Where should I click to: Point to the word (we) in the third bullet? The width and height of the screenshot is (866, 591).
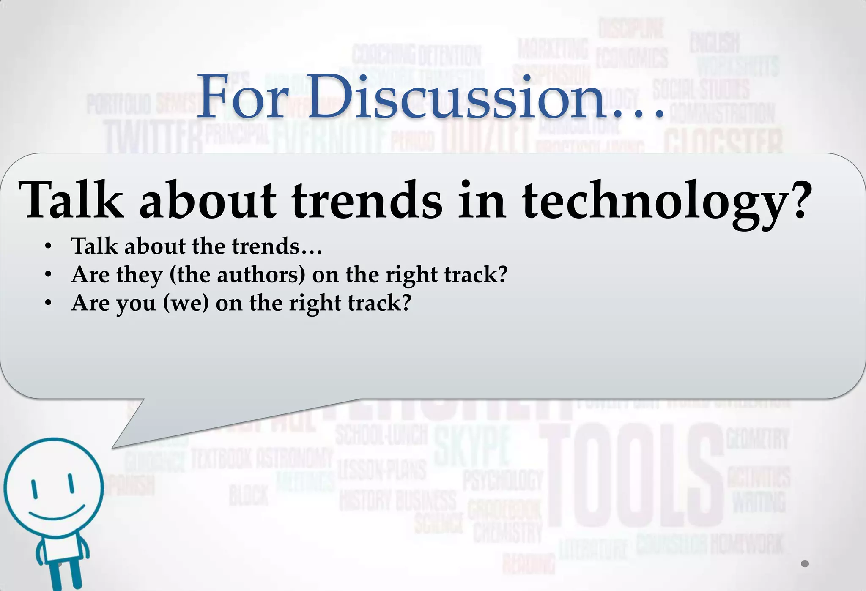point(186,303)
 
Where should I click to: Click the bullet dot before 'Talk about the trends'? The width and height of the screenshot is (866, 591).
point(48,247)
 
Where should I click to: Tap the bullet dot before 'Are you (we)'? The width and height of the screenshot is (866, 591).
point(48,304)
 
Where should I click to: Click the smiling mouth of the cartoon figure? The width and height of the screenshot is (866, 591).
point(57,514)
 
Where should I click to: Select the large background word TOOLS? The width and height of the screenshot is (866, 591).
point(632,476)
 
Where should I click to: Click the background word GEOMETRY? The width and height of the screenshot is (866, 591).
point(757,438)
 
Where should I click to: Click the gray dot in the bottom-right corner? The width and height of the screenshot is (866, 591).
point(805,564)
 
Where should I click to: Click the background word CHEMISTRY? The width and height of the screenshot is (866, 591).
point(507,532)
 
